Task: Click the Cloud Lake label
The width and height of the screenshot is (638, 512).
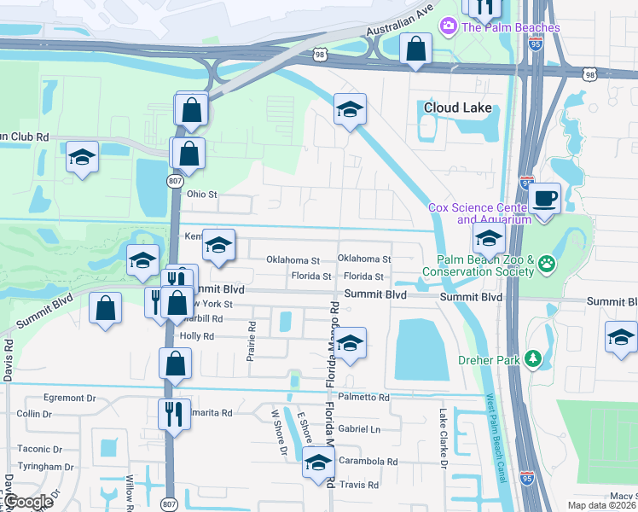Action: click(x=458, y=108)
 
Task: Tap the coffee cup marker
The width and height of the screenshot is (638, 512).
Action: click(x=543, y=199)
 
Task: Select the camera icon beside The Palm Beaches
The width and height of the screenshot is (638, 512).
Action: click(x=448, y=27)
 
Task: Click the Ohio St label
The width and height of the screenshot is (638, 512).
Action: click(x=202, y=195)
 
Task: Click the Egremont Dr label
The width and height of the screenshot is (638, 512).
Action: click(x=70, y=398)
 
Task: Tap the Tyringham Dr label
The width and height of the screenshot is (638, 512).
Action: click(x=45, y=467)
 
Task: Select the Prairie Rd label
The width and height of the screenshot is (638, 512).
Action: click(x=252, y=341)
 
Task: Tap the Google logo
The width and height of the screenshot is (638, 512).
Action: click(x=29, y=502)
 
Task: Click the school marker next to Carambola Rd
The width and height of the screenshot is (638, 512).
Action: click(x=318, y=463)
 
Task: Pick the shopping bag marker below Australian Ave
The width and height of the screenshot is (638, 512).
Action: click(x=415, y=50)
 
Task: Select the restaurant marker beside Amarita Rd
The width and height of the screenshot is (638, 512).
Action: click(x=174, y=415)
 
